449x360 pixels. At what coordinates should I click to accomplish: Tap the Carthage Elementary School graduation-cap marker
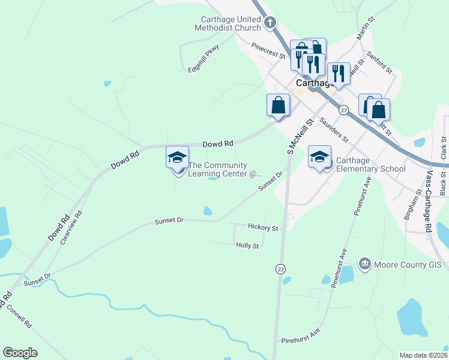319,157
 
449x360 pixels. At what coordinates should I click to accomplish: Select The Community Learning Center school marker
177,157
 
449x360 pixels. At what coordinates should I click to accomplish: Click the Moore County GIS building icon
364,263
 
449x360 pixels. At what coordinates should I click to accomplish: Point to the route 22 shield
280,269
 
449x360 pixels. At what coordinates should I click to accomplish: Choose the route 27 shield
343,110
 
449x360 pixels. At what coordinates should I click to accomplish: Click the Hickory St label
263,228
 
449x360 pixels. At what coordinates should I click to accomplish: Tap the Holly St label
247,245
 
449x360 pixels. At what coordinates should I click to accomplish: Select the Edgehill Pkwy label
204,58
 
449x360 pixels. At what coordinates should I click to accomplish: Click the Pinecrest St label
268,50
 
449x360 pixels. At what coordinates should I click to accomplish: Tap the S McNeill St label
301,136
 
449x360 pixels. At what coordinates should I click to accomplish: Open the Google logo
20,353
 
